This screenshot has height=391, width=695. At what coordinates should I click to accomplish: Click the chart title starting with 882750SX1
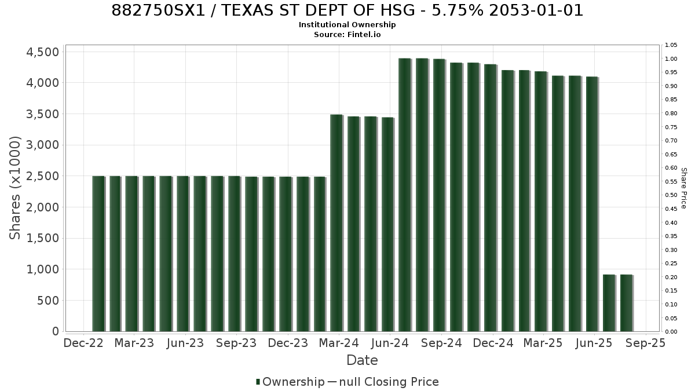tap(347, 10)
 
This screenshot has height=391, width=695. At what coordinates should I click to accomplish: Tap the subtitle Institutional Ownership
tap(347, 25)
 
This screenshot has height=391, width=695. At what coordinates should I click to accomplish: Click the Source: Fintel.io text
tap(347, 34)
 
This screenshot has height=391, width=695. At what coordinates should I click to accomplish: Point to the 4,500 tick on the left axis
tap(42, 52)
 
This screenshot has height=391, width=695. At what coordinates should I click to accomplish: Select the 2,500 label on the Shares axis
tap(42, 176)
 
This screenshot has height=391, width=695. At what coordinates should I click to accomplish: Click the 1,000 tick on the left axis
tap(42, 269)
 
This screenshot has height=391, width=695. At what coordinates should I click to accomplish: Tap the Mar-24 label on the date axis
tap(339, 343)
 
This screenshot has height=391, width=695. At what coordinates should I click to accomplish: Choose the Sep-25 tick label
tap(645, 343)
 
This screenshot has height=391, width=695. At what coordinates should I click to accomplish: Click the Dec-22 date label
tap(83, 343)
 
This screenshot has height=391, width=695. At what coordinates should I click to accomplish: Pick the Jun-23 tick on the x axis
tap(185, 343)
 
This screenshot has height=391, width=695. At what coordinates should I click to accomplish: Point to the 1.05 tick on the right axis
tap(671, 45)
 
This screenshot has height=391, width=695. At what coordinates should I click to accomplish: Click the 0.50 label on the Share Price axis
tap(671, 195)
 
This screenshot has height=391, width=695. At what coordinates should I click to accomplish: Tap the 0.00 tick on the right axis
tap(671, 332)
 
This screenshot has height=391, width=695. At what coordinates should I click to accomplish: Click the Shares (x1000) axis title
tap(14, 188)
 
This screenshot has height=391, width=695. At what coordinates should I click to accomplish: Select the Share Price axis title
tap(683, 188)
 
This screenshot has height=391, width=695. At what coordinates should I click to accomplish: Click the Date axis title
tap(362, 360)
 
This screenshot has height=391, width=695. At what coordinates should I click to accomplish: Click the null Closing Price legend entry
tap(383, 382)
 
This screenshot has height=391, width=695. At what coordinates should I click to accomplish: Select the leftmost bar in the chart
tap(98, 254)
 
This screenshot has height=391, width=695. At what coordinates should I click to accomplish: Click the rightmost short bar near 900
tap(627, 303)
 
